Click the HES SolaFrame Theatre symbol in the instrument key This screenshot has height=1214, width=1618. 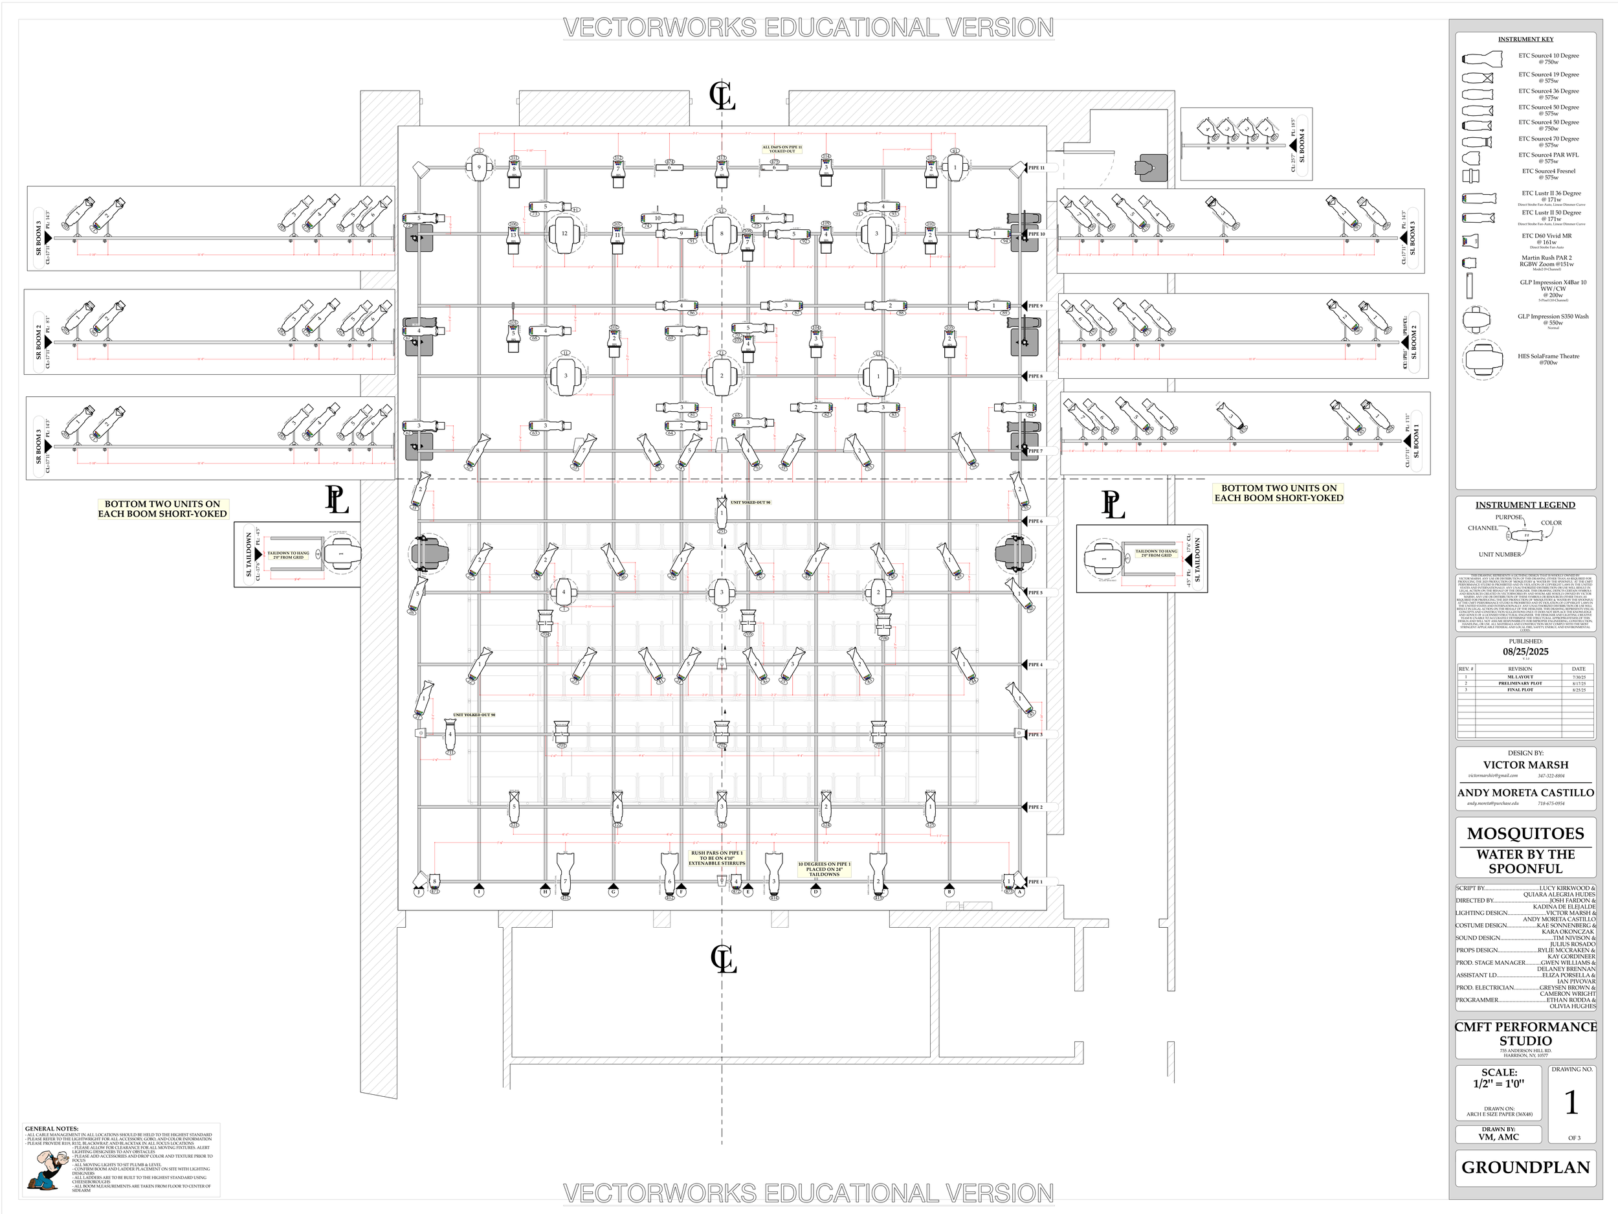click(x=1482, y=359)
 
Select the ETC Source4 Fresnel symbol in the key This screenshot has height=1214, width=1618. click(x=1471, y=175)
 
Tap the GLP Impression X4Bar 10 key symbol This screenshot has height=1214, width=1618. click(x=1470, y=285)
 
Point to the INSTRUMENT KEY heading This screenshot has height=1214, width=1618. click(x=1525, y=39)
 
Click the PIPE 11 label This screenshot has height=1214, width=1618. click(x=1036, y=168)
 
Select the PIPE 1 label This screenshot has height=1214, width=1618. click(x=1035, y=882)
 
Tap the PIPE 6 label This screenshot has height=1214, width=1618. click(x=1036, y=521)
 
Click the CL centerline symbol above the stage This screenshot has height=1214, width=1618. click(x=722, y=96)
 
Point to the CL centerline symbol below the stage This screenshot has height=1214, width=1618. click(x=724, y=960)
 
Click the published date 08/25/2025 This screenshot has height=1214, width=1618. click(x=1525, y=651)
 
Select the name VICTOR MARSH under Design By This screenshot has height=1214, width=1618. click(x=1525, y=765)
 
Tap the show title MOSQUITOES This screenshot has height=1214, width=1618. click(x=1525, y=833)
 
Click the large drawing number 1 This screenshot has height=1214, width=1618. click(x=1571, y=1103)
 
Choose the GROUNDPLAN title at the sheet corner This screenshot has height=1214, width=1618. click(x=1525, y=1167)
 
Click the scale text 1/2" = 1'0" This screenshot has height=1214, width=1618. click(x=1499, y=1084)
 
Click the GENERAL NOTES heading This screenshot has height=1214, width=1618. click(x=51, y=1129)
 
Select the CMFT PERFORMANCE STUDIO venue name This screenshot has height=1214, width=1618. click(x=1525, y=1034)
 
